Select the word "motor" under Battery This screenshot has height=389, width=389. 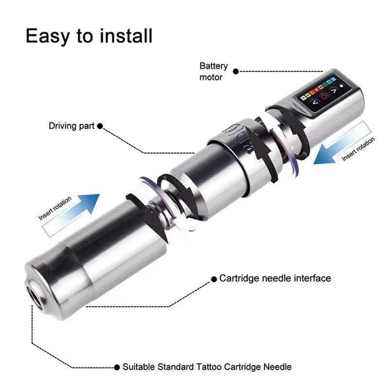(211, 77)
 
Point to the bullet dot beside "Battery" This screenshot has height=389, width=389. (236, 71)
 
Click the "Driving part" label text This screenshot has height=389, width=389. (71, 126)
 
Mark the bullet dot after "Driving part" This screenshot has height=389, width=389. (100, 126)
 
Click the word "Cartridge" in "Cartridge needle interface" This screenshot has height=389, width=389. (240, 278)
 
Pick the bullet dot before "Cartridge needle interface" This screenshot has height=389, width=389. (213, 279)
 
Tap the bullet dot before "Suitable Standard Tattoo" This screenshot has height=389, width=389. (117, 367)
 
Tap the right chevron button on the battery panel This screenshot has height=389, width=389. (335, 98)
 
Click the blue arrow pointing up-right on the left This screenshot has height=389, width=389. (70, 209)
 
